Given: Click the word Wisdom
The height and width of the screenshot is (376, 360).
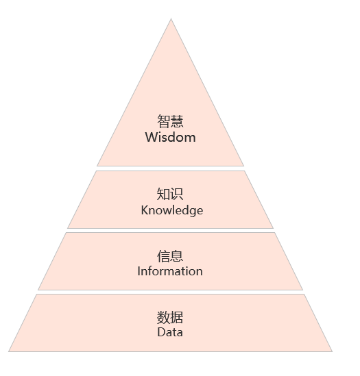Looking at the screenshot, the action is [x=170, y=138].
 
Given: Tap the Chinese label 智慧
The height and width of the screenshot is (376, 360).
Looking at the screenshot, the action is [x=170, y=121].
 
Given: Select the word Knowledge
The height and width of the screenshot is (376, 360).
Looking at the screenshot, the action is [x=172, y=210].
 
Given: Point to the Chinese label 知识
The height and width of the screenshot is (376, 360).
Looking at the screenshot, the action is [x=170, y=194].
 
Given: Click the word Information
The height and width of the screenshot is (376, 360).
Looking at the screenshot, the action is [x=170, y=271].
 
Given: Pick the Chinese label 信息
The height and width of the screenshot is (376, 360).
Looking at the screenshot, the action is [x=170, y=256].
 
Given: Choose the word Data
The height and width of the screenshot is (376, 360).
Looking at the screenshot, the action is [x=170, y=332].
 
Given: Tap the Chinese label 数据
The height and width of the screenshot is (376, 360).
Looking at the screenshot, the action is [x=170, y=318].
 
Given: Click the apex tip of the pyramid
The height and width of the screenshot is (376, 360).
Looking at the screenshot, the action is [x=171, y=18].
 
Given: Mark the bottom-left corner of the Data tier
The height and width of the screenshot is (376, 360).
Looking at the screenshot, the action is [x=9, y=351].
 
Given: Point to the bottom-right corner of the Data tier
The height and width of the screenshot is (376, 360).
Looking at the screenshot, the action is [x=332, y=351].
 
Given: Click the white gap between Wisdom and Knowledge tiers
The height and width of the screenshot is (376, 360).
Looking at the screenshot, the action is [x=170, y=168].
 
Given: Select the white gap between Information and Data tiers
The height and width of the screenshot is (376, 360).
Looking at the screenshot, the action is [x=170, y=292].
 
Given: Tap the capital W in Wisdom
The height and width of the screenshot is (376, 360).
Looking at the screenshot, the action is [x=151, y=138].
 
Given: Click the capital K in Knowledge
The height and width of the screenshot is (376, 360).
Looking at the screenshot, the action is [x=145, y=210].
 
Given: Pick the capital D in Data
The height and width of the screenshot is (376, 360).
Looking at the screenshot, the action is [x=161, y=332].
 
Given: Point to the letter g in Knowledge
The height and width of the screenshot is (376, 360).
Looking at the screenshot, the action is [x=191, y=212].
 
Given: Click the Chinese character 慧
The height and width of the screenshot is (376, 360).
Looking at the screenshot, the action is [x=177, y=121].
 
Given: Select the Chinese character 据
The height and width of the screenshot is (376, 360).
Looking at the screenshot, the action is [x=177, y=318].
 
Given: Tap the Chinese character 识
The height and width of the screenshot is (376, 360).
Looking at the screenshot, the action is [x=177, y=194].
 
